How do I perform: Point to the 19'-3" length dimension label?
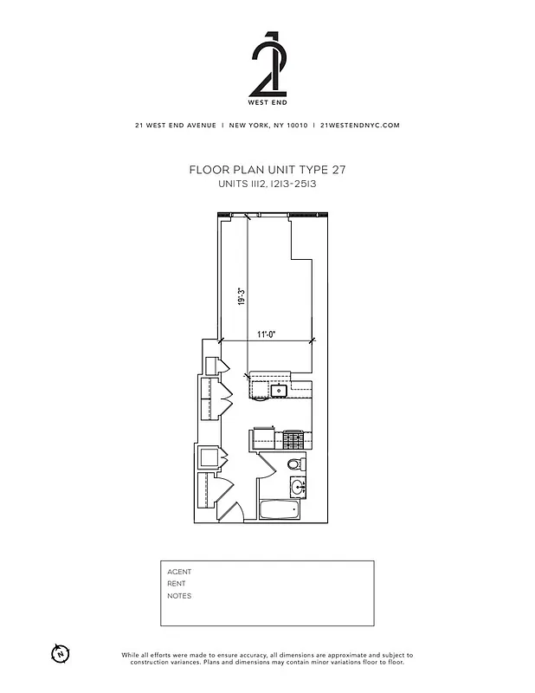click(x=242, y=296)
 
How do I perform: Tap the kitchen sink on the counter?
click(x=279, y=391)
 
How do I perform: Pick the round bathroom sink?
click(x=297, y=486)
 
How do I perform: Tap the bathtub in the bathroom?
click(x=281, y=508)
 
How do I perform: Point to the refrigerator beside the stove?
click(x=263, y=439)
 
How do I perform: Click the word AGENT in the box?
click(x=179, y=572)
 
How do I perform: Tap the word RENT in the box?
click(x=177, y=584)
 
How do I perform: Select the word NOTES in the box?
click(x=179, y=596)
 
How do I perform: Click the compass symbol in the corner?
click(x=60, y=653)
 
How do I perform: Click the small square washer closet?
click(x=209, y=457)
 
